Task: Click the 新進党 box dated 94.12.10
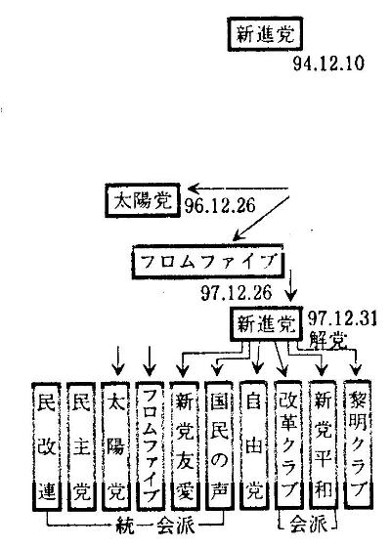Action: (265, 34)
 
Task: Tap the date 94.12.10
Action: (328, 63)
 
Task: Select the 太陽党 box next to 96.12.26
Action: (143, 200)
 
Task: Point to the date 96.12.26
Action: (220, 205)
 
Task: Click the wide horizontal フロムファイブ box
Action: (208, 262)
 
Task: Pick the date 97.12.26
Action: (237, 292)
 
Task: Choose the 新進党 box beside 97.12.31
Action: (266, 323)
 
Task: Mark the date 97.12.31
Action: (342, 318)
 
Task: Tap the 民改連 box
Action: (47, 446)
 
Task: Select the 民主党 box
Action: (81, 446)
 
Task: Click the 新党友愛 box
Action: (185, 445)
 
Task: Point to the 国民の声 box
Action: (219, 445)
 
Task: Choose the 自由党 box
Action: (254, 445)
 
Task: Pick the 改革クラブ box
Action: (288, 445)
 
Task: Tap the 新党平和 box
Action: (324, 445)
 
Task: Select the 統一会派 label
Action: (154, 526)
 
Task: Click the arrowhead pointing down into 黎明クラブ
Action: (356, 370)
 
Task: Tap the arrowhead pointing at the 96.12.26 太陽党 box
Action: (193, 190)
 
